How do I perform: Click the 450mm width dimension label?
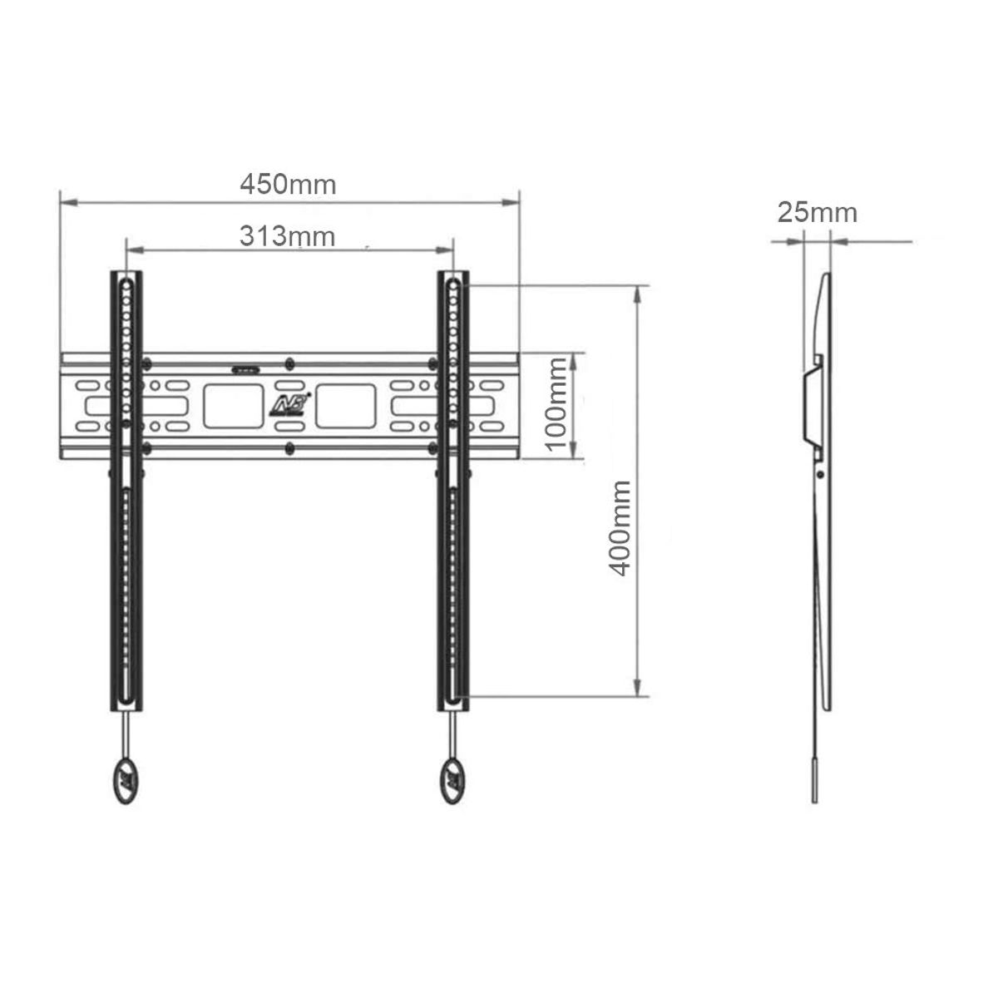288,184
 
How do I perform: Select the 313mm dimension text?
288,237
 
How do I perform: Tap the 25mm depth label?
817,213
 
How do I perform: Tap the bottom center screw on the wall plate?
289,448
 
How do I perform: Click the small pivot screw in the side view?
821,475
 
